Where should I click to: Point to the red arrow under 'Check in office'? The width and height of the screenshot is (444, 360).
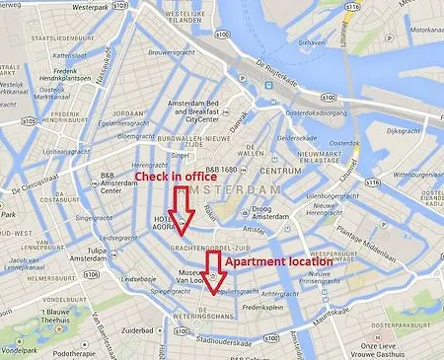(179, 208)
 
